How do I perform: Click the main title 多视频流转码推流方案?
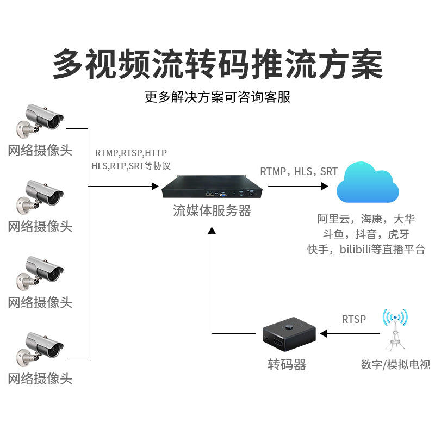217,64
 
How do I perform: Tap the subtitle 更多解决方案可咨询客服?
217,97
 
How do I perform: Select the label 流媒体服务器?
212,211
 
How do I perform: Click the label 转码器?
287,365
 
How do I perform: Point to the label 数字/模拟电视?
395,364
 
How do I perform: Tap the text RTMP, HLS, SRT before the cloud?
299,172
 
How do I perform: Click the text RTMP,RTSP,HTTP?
131,153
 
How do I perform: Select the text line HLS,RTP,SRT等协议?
131,166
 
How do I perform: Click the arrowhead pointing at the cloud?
325,186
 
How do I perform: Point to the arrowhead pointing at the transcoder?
324,333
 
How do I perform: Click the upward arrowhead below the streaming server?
212,231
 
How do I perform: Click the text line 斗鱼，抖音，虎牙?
366,234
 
